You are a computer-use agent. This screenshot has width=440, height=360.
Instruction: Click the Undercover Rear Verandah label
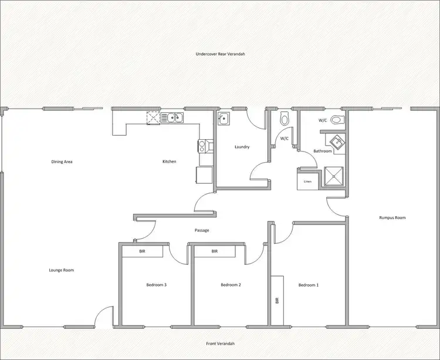pyautogui.click(x=219, y=53)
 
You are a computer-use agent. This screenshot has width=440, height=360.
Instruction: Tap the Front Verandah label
pyautogui.click(x=220, y=344)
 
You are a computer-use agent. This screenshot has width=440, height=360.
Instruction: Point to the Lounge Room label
pyautogui.click(x=61, y=270)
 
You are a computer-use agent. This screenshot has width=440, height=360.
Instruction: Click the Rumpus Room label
pyautogui.click(x=392, y=217)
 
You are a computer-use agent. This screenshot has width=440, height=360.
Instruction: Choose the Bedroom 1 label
pyautogui.click(x=309, y=285)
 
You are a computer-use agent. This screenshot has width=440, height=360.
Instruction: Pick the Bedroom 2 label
pyautogui.click(x=231, y=285)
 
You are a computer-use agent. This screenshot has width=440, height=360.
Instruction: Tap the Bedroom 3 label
pyautogui.click(x=157, y=285)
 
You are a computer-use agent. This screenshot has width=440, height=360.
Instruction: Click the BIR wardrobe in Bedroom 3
pyautogui.click(x=142, y=251)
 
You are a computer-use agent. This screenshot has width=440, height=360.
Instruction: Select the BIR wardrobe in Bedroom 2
pyautogui.click(x=215, y=251)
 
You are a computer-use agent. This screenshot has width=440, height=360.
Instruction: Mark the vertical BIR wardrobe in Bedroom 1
pyautogui.click(x=277, y=299)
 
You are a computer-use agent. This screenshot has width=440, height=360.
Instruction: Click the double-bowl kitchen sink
pyautogui.click(x=173, y=118)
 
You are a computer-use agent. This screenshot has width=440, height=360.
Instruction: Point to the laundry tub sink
pyautogui.click(x=223, y=119)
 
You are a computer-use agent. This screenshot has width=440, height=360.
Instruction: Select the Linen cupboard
pyautogui.click(x=307, y=181)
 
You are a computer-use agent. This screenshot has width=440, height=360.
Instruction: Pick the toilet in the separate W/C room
pyautogui.click(x=285, y=119)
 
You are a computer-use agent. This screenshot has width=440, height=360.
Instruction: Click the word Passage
pyautogui.click(x=202, y=230)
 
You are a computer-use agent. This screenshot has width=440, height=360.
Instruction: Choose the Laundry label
pyautogui.click(x=242, y=147)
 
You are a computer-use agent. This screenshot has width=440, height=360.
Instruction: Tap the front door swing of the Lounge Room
pyautogui.click(x=103, y=317)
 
